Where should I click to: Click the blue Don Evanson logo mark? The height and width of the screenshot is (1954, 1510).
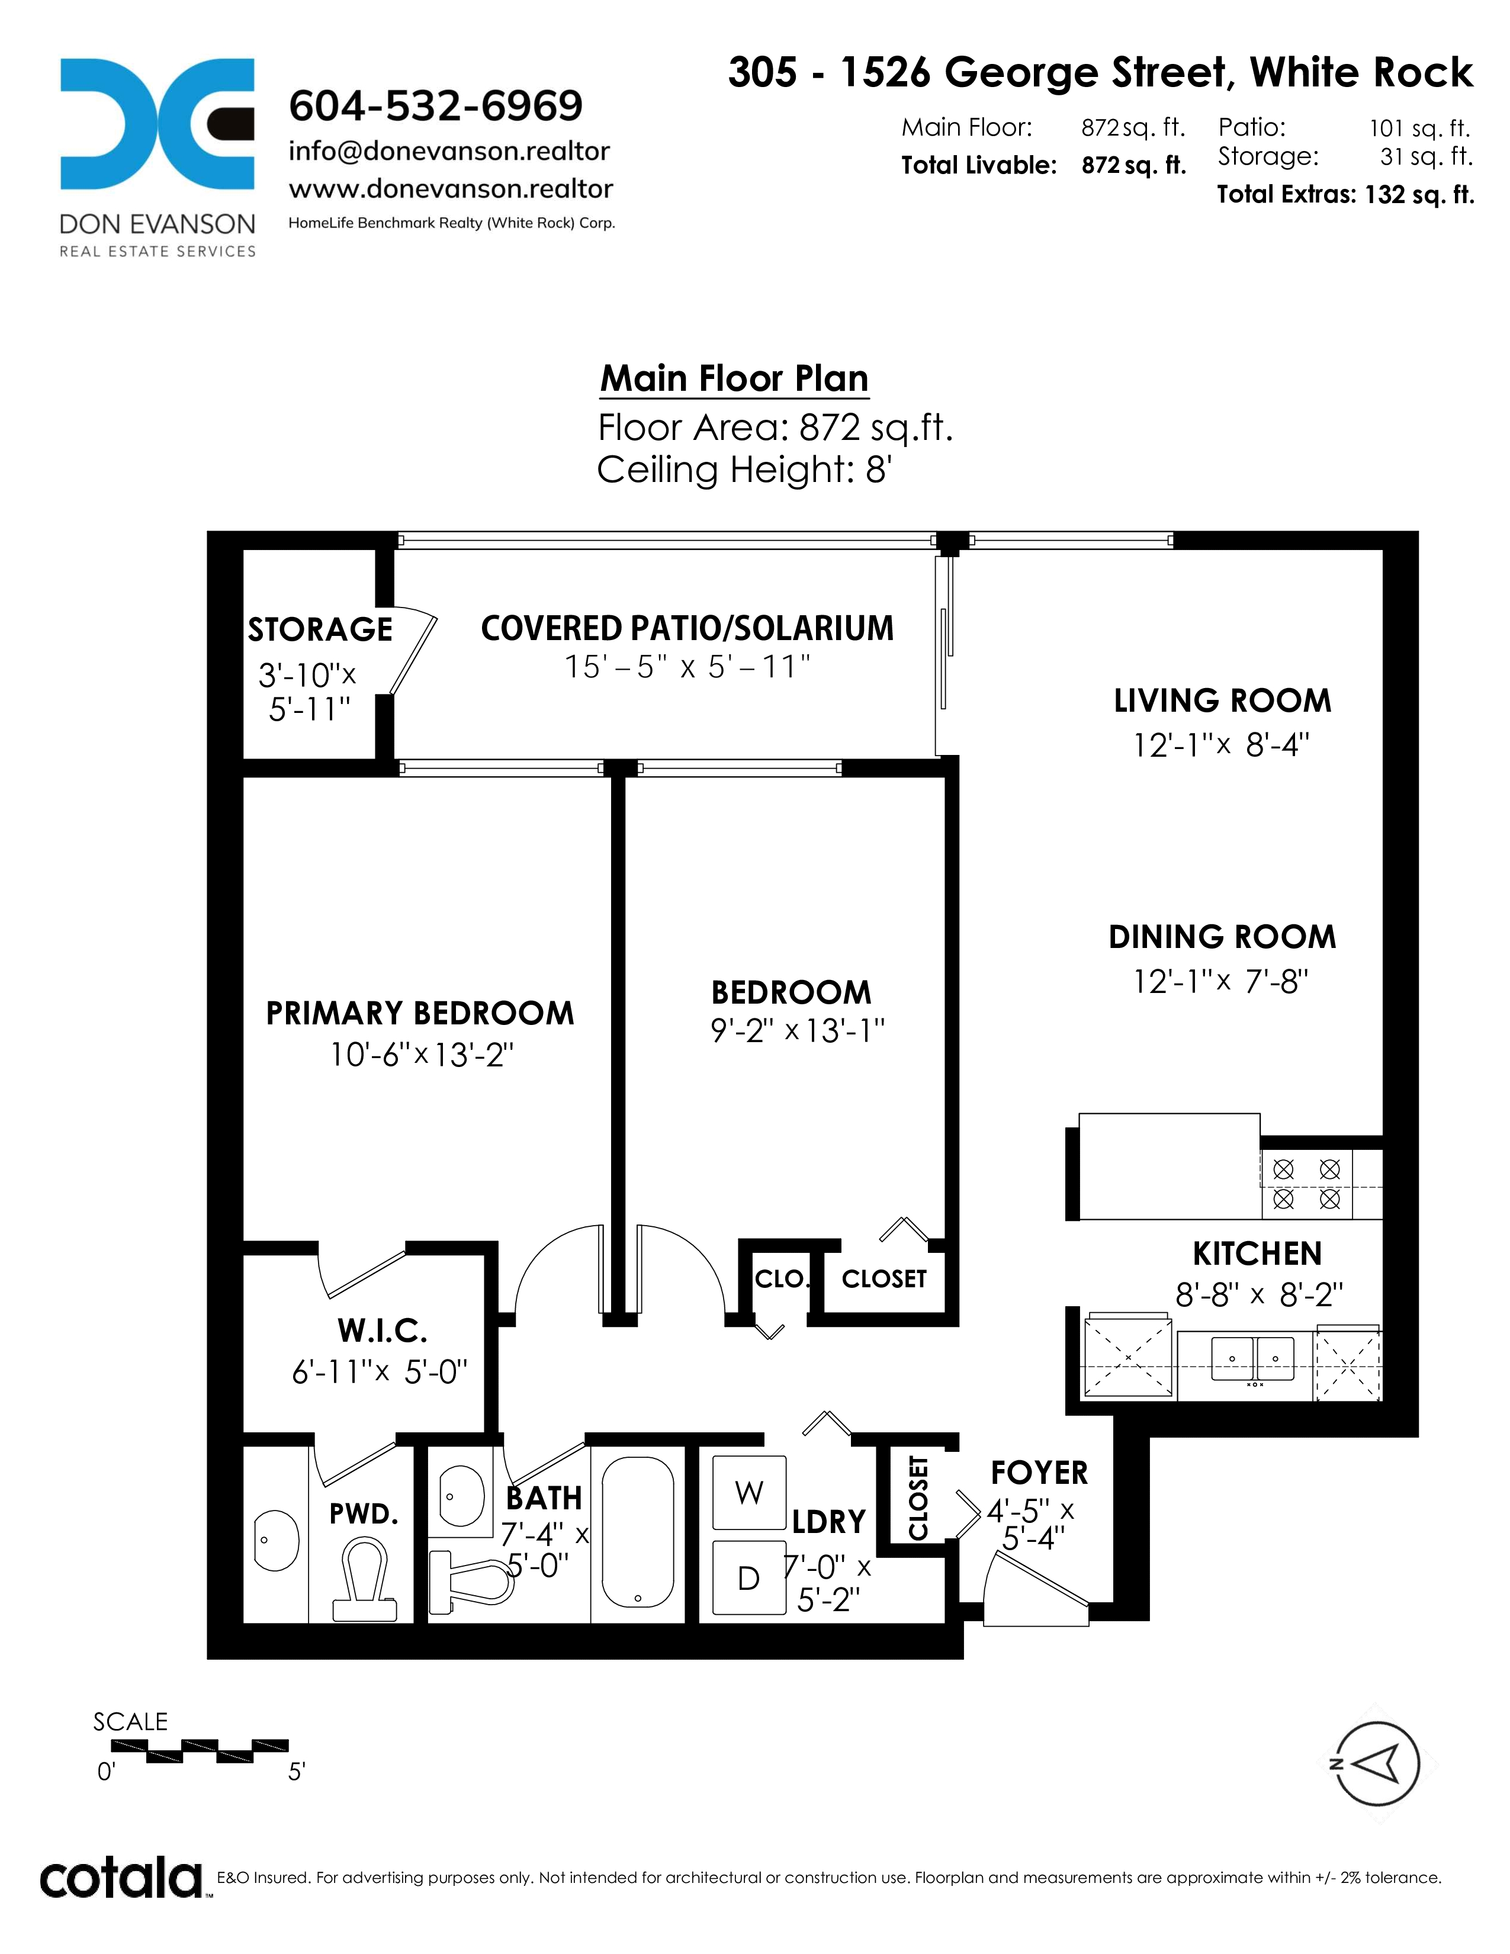point(158,124)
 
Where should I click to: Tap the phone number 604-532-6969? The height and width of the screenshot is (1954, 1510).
point(436,105)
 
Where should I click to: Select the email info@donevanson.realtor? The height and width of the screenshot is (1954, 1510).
point(449,151)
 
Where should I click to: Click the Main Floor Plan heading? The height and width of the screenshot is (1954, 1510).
point(734,378)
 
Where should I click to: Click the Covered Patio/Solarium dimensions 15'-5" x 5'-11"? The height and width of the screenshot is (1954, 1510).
point(687,667)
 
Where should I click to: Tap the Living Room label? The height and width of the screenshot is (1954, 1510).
point(1222,700)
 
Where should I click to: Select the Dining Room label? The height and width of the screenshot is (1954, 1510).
point(1222,937)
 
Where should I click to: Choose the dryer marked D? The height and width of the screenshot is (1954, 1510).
point(748,1577)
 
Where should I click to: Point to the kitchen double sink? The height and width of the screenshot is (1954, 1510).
point(1252,1358)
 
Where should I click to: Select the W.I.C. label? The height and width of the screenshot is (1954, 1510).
point(383,1331)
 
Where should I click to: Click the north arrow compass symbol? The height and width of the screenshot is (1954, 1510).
point(1377,1765)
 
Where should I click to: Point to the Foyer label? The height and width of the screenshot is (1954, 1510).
point(1039,1473)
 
